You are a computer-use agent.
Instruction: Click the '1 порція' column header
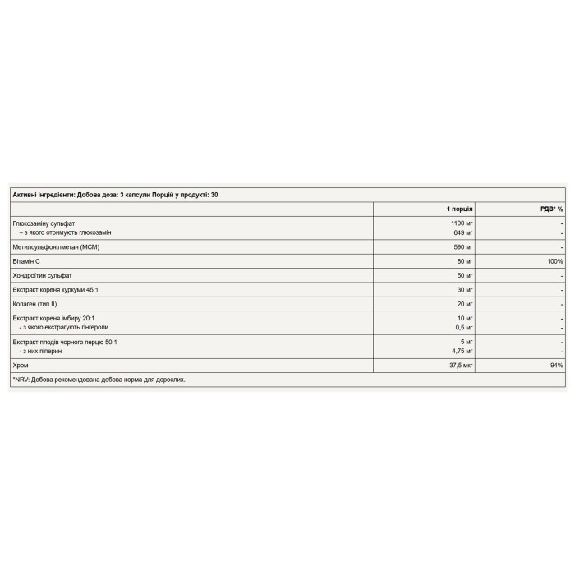pos(460,209)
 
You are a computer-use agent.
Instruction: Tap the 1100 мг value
pos(462,223)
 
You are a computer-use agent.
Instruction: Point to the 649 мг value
pos(465,232)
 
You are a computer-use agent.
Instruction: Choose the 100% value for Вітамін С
pos(554,261)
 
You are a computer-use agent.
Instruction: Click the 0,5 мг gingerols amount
pos(464,327)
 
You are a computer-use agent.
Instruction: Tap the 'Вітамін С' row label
pos(28,261)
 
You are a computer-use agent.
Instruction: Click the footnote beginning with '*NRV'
pos(99,379)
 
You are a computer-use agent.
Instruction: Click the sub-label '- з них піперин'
pos(41,350)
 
